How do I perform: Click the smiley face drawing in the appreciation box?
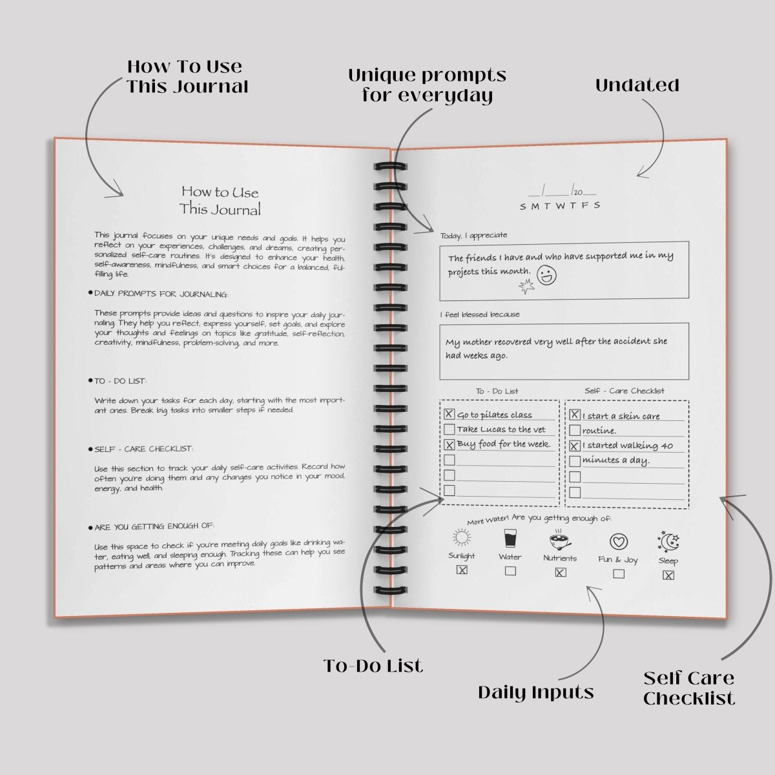546,275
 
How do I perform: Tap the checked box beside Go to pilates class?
449,415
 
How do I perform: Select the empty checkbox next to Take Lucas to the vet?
449,429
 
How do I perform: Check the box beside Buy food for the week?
449,444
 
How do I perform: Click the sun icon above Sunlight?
460,538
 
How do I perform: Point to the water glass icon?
510,539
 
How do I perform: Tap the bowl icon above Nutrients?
559,541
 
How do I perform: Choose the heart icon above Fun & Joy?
618,542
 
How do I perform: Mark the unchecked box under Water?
510,571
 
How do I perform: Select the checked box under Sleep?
668,575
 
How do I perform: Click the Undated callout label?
637,85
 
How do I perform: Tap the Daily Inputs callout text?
536,693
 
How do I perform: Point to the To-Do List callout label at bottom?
373,666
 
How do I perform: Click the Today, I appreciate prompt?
473,236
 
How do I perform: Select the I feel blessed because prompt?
479,315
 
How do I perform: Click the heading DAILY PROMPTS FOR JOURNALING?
161,294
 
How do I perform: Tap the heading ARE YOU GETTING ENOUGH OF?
154,527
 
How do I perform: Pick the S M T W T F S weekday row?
560,205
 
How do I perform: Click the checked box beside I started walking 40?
574,446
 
